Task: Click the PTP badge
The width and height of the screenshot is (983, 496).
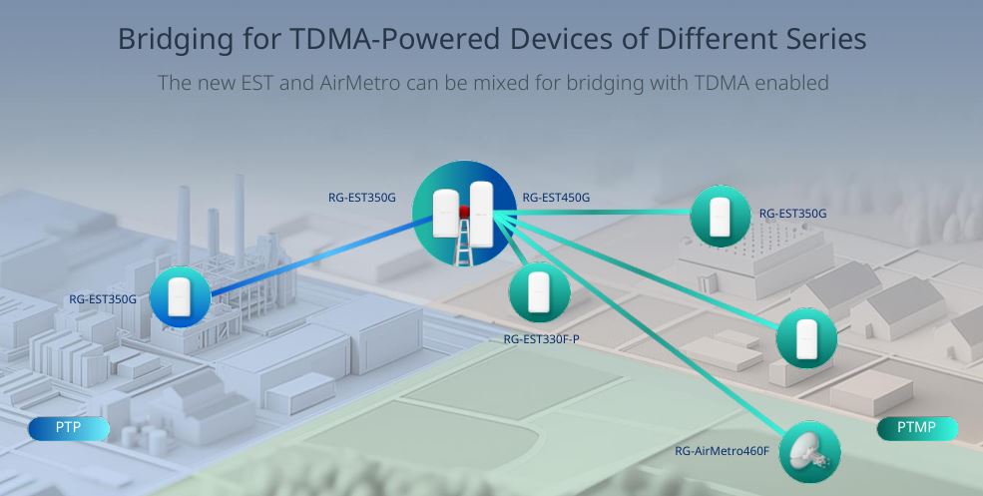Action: click(68, 428)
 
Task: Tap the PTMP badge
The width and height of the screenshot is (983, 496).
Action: click(916, 428)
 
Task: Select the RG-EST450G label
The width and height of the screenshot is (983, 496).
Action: click(556, 198)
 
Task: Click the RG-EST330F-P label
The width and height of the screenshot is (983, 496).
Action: click(542, 339)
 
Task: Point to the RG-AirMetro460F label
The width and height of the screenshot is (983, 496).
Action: click(722, 450)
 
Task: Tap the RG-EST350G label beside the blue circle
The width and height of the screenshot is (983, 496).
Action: click(103, 299)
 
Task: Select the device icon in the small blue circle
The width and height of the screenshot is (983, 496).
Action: click(181, 296)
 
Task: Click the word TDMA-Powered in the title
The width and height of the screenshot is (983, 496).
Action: click(395, 39)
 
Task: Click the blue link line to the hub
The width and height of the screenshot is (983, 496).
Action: click(321, 255)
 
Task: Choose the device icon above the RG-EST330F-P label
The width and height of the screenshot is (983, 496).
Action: click(539, 292)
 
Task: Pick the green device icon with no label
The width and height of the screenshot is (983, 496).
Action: click(806, 338)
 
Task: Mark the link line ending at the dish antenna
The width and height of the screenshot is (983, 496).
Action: click(639, 323)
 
